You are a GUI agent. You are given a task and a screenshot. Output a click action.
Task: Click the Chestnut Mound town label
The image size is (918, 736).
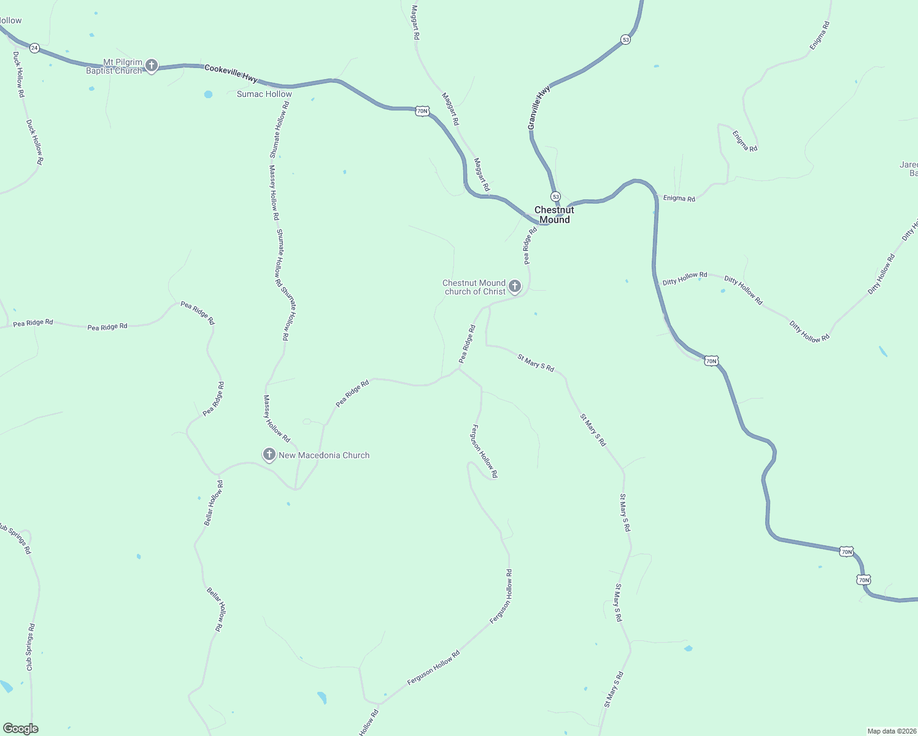click(554, 215)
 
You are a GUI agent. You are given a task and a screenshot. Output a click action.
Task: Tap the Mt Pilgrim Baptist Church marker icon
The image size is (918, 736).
click(152, 66)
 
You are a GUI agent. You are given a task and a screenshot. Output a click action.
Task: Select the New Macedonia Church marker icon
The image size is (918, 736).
click(269, 454)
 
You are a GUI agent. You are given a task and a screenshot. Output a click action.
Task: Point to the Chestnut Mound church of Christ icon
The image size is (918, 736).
click(515, 286)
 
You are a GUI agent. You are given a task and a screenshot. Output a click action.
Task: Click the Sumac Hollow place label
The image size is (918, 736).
click(264, 94)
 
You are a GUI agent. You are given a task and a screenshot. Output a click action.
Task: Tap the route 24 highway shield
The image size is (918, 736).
click(34, 47)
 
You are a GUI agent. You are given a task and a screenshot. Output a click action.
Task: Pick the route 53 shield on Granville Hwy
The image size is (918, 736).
click(625, 39)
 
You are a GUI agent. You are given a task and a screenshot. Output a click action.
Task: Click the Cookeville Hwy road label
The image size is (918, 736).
click(231, 73)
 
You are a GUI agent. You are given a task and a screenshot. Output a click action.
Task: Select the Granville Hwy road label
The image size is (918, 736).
click(539, 107)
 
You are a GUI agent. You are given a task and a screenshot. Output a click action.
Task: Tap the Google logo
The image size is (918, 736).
click(21, 729)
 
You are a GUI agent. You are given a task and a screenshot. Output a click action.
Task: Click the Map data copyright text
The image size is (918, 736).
click(892, 731)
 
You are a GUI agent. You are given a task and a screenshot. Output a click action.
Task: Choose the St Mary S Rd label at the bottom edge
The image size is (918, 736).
click(613, 689)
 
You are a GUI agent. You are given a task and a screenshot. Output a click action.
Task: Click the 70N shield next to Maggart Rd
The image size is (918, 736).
click(422, 111)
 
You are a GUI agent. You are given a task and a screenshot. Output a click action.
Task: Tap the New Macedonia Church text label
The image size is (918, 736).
click(324, 455)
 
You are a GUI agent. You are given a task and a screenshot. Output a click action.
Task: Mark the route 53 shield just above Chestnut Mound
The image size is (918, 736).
click(555, 196)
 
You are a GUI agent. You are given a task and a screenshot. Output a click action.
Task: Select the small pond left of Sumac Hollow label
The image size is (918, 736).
click(208, 94)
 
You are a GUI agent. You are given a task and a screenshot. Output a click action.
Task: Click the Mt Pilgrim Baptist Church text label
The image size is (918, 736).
click(114, 66)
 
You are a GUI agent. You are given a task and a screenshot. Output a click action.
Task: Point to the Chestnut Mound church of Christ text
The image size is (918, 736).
click(474, 287)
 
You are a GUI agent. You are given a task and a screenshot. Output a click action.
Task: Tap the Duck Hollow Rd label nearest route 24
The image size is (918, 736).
click(18, 74)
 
